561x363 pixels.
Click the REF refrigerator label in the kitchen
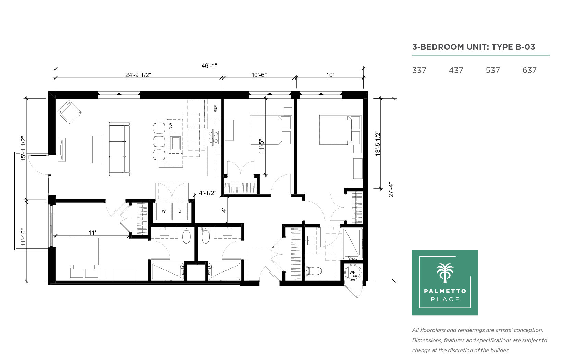pyautogui.click(x=215, y=109)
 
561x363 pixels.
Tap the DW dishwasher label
pyautogui.click(x=171, y=126)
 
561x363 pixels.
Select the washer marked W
pyautogui.click(x=164, y=211)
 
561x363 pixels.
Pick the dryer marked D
pyautogui.click(x=180, y=211)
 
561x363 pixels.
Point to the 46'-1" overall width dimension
pyautogui.click(x=209, y=65)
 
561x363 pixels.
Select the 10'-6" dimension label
pyautogui.click(x=259, y=75)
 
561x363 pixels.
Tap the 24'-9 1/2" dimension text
pyautogui.click(x=138, y=75)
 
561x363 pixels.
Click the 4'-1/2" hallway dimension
pyautogui.click(x=208, y=193)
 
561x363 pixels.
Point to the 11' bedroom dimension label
pyautogui.click(x=92, y=233)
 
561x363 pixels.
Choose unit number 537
pyautogui.click(x=492, y=70)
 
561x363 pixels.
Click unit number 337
pyautogui.click(x=419, y=70)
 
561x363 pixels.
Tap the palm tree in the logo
pyautogui.click(x=445, y=273)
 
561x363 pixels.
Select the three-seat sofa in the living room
pyautogui.click(x=119, y=149)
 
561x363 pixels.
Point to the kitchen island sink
pyautogui.click(x=175, y=143)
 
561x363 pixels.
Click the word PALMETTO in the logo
pyautogui.click(x=445, y=291)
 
